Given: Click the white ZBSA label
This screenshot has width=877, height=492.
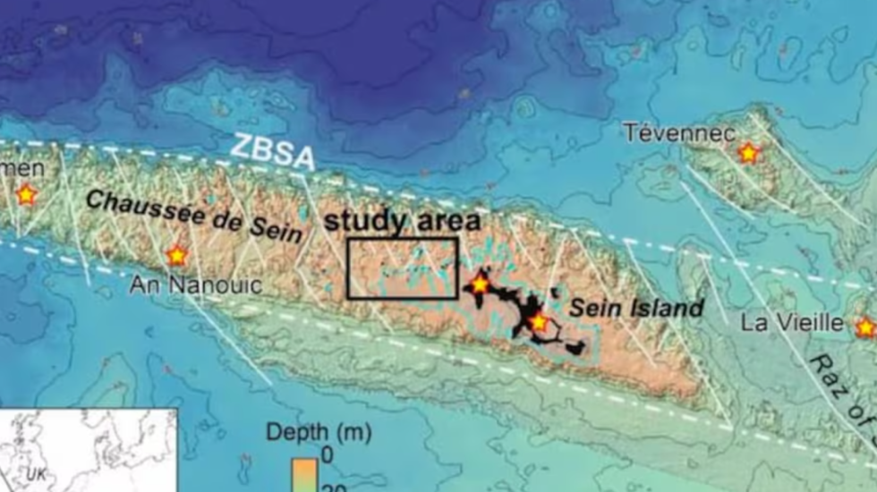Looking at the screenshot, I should click(272, 149).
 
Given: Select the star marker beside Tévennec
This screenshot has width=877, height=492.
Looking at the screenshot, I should click(748, 154).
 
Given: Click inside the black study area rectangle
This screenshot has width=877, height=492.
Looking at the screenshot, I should click(402, 267).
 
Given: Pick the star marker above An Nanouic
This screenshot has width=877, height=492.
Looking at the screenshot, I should click(176, 256).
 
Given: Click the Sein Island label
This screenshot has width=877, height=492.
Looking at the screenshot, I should click(637, 309).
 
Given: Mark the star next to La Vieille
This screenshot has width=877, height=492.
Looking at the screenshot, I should click(864, 327).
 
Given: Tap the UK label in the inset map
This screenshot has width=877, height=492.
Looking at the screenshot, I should click(38, 473).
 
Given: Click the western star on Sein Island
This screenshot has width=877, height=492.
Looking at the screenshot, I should click(479, 285).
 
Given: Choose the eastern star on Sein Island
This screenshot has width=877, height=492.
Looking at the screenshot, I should click(538, 322).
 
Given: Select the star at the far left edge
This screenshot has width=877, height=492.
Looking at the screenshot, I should click(26, 193).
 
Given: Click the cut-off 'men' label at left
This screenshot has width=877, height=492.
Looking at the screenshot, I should click(21, 169).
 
